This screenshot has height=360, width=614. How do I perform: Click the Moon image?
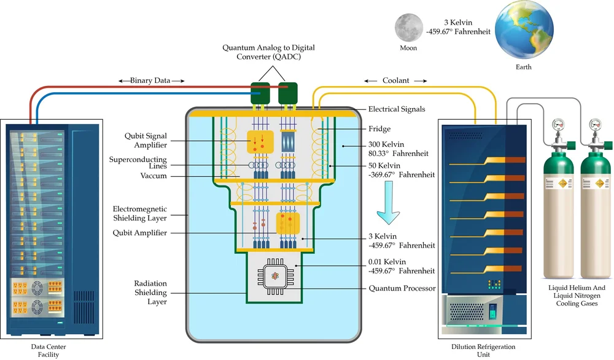point(408,28)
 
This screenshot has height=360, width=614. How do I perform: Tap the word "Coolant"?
point(395,80)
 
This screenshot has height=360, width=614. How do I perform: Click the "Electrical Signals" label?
point(397,109)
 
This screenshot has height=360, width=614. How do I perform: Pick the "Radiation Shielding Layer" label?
point(150,292)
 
